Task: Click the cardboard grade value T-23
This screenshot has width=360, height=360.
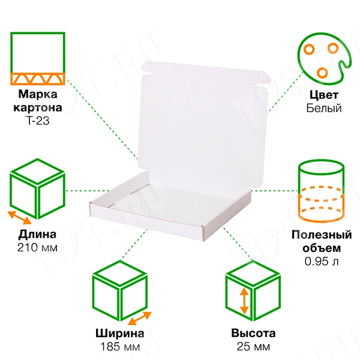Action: [x=38, y=121]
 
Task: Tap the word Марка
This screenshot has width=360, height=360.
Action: [x=38, y=94]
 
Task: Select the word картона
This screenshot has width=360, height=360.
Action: [x=38, y=107]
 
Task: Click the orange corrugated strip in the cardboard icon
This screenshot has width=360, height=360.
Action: [x=38, y=79]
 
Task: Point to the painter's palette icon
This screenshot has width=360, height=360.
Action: [x=324, y=59]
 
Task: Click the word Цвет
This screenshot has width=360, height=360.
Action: [x=324, y=95]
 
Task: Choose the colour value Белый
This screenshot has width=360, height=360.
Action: [x=324, y=108]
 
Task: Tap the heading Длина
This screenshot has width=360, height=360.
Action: [x=37, y=235]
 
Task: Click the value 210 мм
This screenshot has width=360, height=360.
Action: [x=37, y=248]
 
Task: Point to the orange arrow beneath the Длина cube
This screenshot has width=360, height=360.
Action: [x=20, y=218]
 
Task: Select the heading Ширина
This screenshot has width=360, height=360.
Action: [x=120, y=334]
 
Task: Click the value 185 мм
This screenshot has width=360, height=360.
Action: [x=120, y=347]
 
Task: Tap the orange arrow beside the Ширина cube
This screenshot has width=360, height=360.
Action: [x=140, y=318]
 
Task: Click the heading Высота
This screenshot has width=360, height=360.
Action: [x=253, y=334]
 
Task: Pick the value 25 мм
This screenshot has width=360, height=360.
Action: [x=253, y=347]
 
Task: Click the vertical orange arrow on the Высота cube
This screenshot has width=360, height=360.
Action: [x=244, y=301]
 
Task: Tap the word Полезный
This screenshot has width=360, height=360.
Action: [x=322, y=235]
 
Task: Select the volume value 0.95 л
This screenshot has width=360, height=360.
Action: [x=322, y=261]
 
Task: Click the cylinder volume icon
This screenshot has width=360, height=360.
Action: [x=321, y=191]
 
